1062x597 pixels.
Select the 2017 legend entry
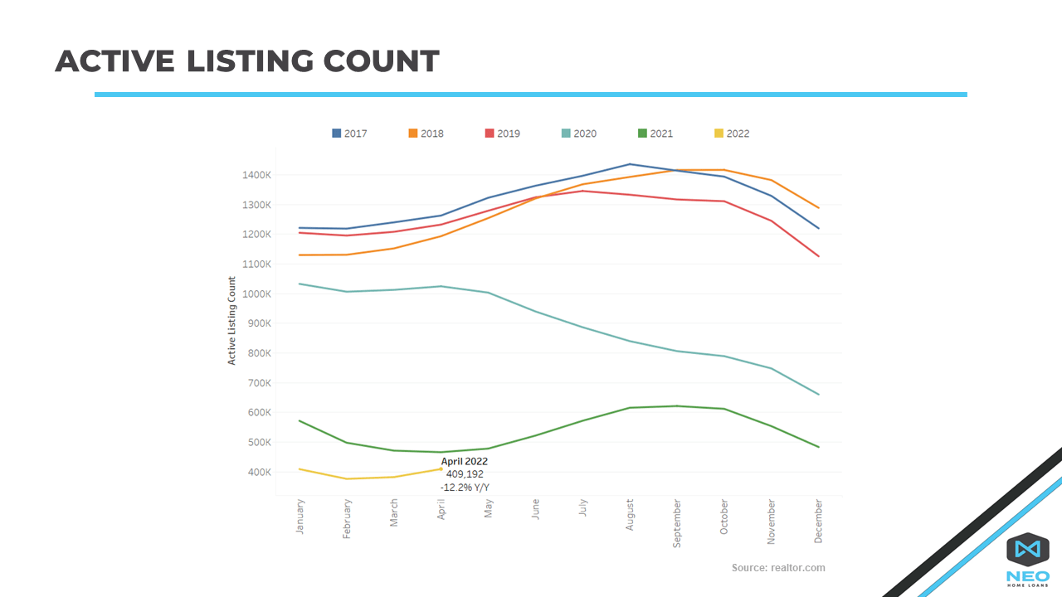tap(349, 133)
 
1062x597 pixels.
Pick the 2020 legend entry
tap(578, 133)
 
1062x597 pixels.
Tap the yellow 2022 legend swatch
tap(719, 133)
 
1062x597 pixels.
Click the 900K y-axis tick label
tap(258, 323)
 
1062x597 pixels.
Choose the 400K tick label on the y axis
tap(258, 472)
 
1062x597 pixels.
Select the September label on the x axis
tap(677, 523)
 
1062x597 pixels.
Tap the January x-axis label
tap(300, 517)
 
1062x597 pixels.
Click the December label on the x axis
tap(819, 520)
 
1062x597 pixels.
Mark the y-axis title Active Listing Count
tap(232, 321)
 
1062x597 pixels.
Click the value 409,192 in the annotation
tap(465, 474)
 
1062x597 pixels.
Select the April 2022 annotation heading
tap(465, 462)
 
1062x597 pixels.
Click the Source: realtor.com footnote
tap(778, 568)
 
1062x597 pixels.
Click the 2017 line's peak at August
tap(630, 164)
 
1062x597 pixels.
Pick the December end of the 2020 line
tap(819, 394)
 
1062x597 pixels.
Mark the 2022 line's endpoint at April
tap(441, 469)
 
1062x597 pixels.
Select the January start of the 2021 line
tap(300, 421)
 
